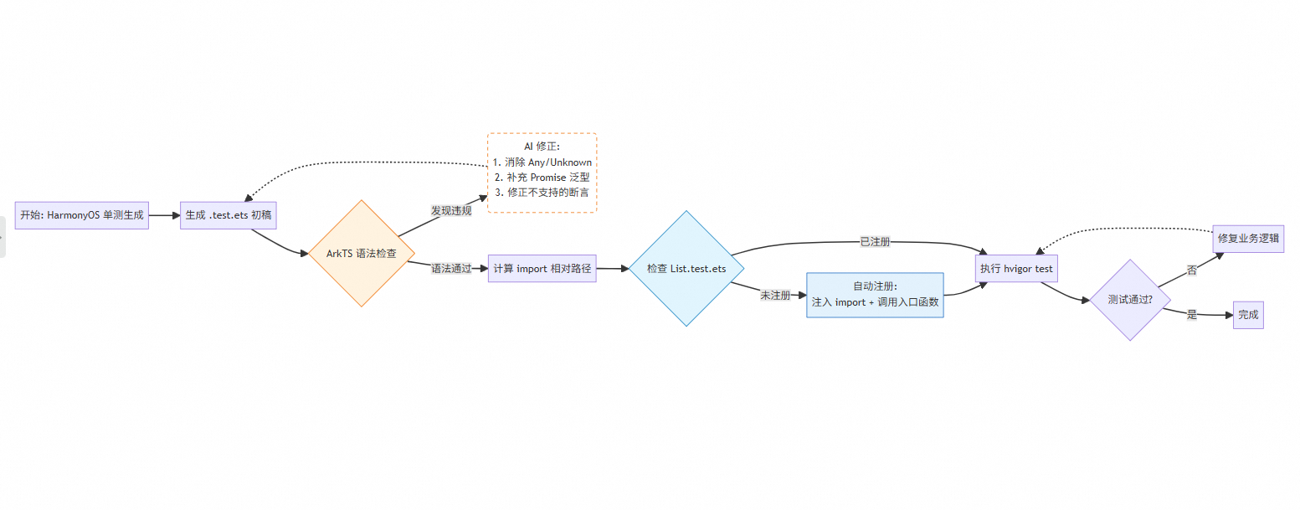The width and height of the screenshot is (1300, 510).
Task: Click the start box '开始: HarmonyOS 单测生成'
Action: point(82,215)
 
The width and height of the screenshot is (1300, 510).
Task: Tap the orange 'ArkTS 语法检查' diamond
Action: point(362,253)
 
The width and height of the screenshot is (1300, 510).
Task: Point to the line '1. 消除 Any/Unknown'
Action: point(542,162)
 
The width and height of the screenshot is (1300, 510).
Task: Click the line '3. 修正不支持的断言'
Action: point(542,193)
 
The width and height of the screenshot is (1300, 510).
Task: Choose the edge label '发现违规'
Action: point(451,210)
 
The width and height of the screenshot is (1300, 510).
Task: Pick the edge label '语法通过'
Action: point(451,268)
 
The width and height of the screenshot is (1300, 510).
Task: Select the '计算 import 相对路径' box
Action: point(542,269)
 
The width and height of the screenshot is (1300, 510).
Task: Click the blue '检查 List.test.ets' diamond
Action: point(686,269)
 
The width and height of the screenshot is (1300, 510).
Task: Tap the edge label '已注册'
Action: point(875,241)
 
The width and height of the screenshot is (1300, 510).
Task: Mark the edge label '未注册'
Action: point(775,296)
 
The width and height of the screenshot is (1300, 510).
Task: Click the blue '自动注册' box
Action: point(875,295)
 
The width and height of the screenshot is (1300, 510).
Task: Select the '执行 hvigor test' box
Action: point(1016,269)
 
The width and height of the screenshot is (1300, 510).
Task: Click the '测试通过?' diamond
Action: point(1130,299)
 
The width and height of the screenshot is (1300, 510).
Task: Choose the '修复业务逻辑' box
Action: point(1248,238)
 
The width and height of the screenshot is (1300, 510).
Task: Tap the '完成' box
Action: point(1248,315)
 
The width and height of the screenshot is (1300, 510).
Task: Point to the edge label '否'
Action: point(1191,270)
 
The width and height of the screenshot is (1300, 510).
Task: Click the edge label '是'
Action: point(1192,314)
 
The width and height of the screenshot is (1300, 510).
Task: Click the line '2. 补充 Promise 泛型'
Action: point(542,178)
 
